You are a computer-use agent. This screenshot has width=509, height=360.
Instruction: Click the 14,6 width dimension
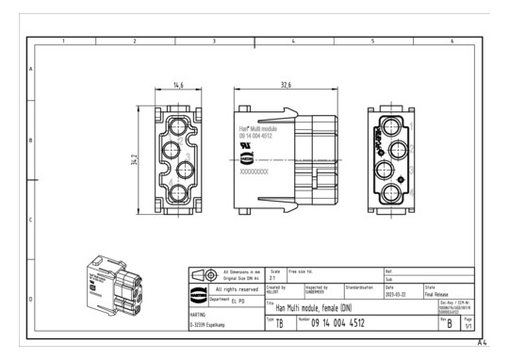177,85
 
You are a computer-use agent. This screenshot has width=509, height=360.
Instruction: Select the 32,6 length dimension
285,85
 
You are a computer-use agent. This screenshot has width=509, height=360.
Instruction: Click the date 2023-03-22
400,293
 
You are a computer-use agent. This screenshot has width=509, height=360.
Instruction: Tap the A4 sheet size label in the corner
484,345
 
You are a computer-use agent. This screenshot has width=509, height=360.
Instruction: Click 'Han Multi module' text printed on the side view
257,127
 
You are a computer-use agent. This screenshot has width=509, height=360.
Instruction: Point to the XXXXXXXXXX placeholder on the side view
255,173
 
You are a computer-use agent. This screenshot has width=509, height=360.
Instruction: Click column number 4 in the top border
292,41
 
